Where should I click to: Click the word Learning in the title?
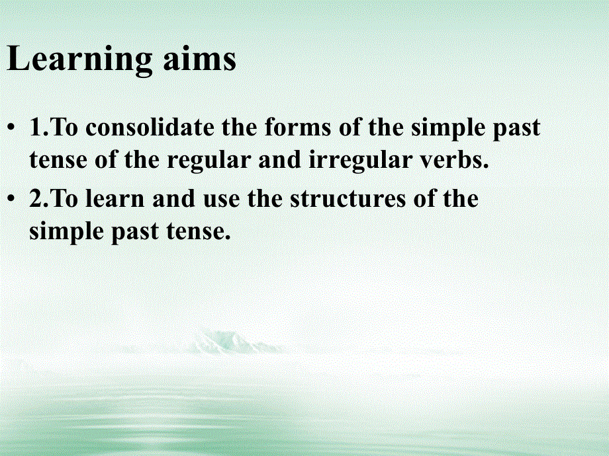point(78,61)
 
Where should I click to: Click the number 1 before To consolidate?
point(36,128)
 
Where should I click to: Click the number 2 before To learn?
point(36,199)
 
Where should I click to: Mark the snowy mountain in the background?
point(222,342)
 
